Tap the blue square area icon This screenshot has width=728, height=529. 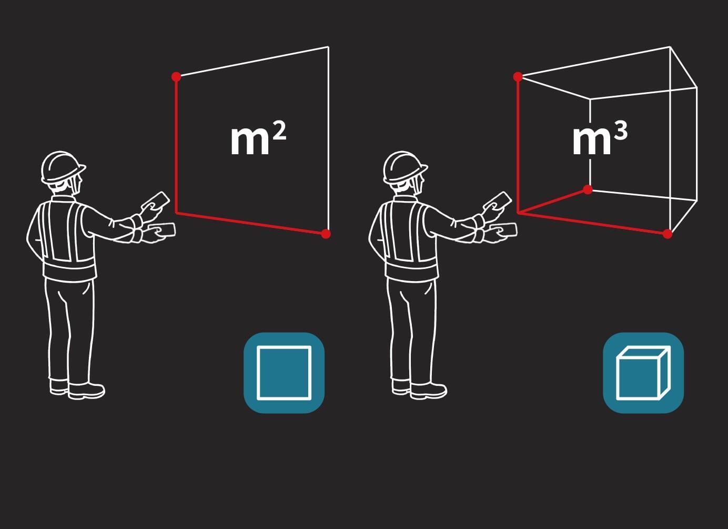pyautogui.click(x=284, y=373)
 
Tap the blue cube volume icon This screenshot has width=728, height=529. pyautogui.click(x=643, y=373)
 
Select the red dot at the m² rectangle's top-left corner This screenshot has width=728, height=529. pyautogui.click(x=176, y=77)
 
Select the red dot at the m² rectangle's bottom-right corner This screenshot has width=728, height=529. pyautogui.click(x=326, y=234)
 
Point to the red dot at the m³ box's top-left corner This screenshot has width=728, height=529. pyautogui.click(x=518, y=77)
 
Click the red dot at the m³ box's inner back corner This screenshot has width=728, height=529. pyautogui.click(x=588, y=189)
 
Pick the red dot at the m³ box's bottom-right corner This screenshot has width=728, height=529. pyautogui.click(x=667, y=234)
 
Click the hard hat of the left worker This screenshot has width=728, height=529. pyautogui.click(x=63, y=167)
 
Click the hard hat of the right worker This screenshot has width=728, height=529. pyautogui.click(x=405, y=167)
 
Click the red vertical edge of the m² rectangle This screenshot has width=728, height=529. pyautogui.click(x=176, y=145)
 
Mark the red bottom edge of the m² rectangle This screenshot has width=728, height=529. pyautogui.click(x=251, y=223)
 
